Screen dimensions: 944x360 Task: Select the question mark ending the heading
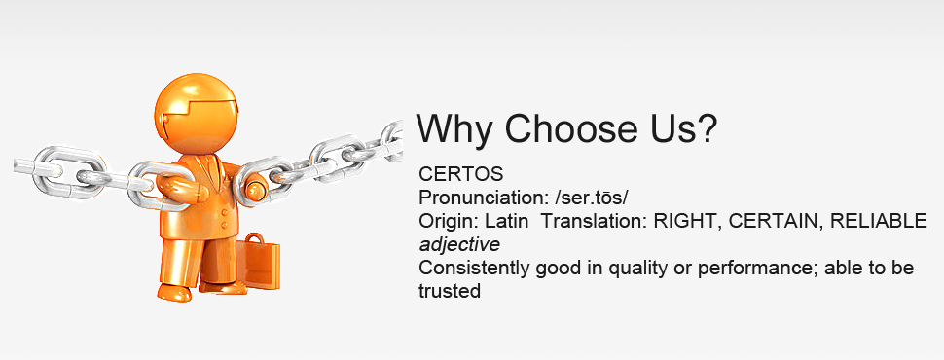click(705, 127)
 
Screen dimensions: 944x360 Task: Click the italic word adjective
click(459, 245)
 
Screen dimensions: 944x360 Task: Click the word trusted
click(449, 291)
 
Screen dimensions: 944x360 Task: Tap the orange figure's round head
click(197, 114)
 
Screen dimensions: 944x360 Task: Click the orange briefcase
click(258, 262)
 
